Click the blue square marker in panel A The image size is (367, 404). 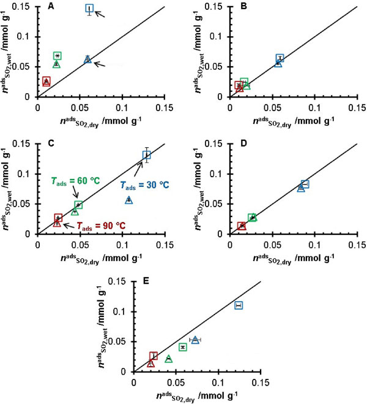[x=89, y=9]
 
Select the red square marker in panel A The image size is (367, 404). [x=46, y=81]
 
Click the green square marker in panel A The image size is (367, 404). [x=57, y=56]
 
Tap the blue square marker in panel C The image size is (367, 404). [x=146, y=155]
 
